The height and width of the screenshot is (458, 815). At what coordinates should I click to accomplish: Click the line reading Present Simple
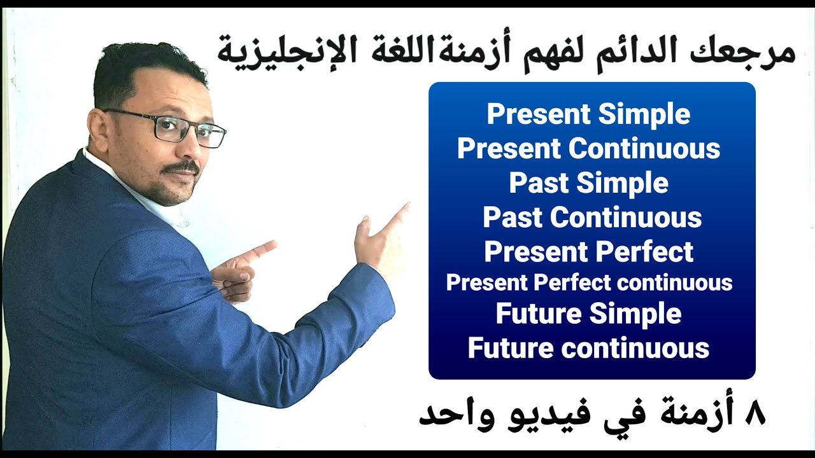coord(588,114)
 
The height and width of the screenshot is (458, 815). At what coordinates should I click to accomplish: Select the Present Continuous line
coord(588,149)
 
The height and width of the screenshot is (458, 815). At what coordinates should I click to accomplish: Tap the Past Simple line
coord(588,183)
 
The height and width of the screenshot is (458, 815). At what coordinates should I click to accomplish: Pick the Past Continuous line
coord(592,218)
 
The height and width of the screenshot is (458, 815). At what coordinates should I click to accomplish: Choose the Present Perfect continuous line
coord(589,282)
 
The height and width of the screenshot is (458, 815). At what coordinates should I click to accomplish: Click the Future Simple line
coord(588,315)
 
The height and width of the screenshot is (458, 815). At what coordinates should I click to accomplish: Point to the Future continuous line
coord(588,349)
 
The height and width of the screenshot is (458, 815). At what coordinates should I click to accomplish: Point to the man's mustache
coord(181,169)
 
